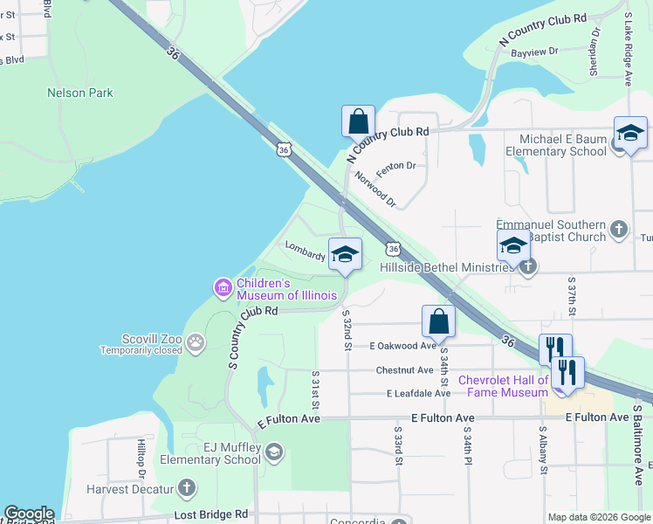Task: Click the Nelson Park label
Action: (80, 93)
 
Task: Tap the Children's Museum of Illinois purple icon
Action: (223, 287)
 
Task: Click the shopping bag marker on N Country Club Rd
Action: (358, 121)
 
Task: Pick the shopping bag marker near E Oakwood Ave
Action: (438, 321)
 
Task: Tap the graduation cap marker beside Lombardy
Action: (345, 254)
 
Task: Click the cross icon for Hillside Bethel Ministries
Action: (526, 267)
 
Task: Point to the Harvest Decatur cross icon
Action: (186, 488)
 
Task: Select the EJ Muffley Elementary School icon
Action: (274, 452)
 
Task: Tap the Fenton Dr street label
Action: (395, 165)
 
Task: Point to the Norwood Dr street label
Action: (375, 190)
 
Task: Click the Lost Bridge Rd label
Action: (210, 514)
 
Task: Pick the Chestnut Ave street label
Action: (404, 370)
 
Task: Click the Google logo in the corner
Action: (29, 514)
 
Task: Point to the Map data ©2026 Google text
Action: (597, 517)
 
